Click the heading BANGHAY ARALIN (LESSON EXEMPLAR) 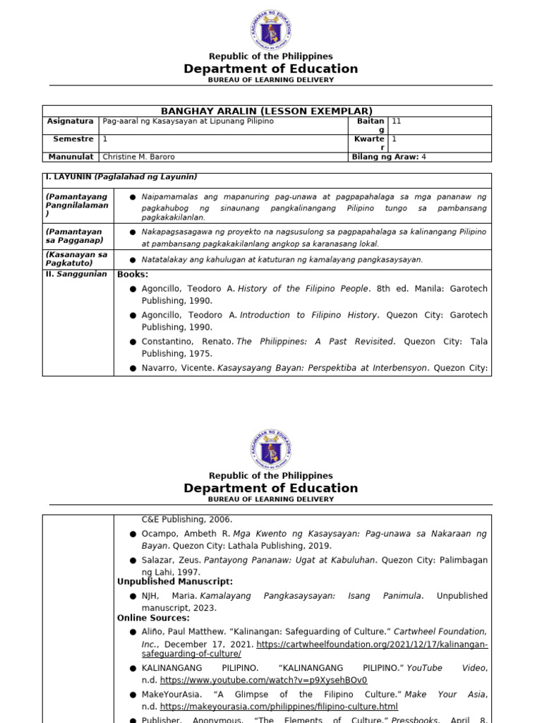(267, 111)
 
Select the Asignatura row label (70, 121)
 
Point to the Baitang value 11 (397, 121)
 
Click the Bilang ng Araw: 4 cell (388, 157)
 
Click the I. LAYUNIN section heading (121, 177)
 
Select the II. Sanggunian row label (76, 274)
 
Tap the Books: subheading (133, 274)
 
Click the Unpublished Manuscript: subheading (175, 581)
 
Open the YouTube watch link (263, 681)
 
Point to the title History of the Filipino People (303, 289)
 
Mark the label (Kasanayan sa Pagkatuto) (76, 258)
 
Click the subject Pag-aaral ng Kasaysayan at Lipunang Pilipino (188, 121)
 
